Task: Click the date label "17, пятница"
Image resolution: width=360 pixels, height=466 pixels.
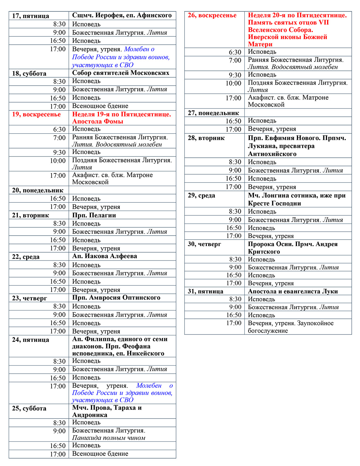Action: [x=31, y=16]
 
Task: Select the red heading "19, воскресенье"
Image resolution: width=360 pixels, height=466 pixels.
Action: [x=36, y=115]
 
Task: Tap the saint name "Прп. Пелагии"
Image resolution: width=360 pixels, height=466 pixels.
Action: [x=94, y=215]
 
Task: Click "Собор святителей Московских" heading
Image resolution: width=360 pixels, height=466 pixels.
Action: [x=121, y=73]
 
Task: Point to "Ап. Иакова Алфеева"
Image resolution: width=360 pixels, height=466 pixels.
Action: [x=104, y=256]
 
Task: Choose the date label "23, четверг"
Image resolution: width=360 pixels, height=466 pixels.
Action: [x=30, y=298]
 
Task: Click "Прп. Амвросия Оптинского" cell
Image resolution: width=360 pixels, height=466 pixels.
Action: [x=116, y=298]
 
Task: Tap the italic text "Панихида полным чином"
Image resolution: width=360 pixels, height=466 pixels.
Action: [x=108, y=438]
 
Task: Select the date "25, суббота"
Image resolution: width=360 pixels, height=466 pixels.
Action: [x=29, y=408]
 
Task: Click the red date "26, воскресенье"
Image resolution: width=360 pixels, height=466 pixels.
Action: [x=212, y=15]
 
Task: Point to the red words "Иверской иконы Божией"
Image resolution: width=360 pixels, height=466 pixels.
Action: [x=287, y=37]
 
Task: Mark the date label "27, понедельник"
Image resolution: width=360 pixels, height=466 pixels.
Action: [x=213, y=113]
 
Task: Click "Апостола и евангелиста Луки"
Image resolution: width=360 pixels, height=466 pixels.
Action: [x=293, y=291]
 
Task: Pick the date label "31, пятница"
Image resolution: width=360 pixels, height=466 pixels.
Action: [x=206, y=291]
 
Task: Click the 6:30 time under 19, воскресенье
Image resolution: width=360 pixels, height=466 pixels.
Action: [x=59, y=129]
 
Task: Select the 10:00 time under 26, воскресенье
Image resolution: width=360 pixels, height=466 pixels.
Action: [x=233, y=83]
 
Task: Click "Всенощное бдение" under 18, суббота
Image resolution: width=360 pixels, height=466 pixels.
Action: [x=100, y=106]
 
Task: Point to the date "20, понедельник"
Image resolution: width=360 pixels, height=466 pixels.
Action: [x=38, y=190]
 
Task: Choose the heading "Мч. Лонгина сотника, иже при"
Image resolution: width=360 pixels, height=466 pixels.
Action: [x=297, y=196]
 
